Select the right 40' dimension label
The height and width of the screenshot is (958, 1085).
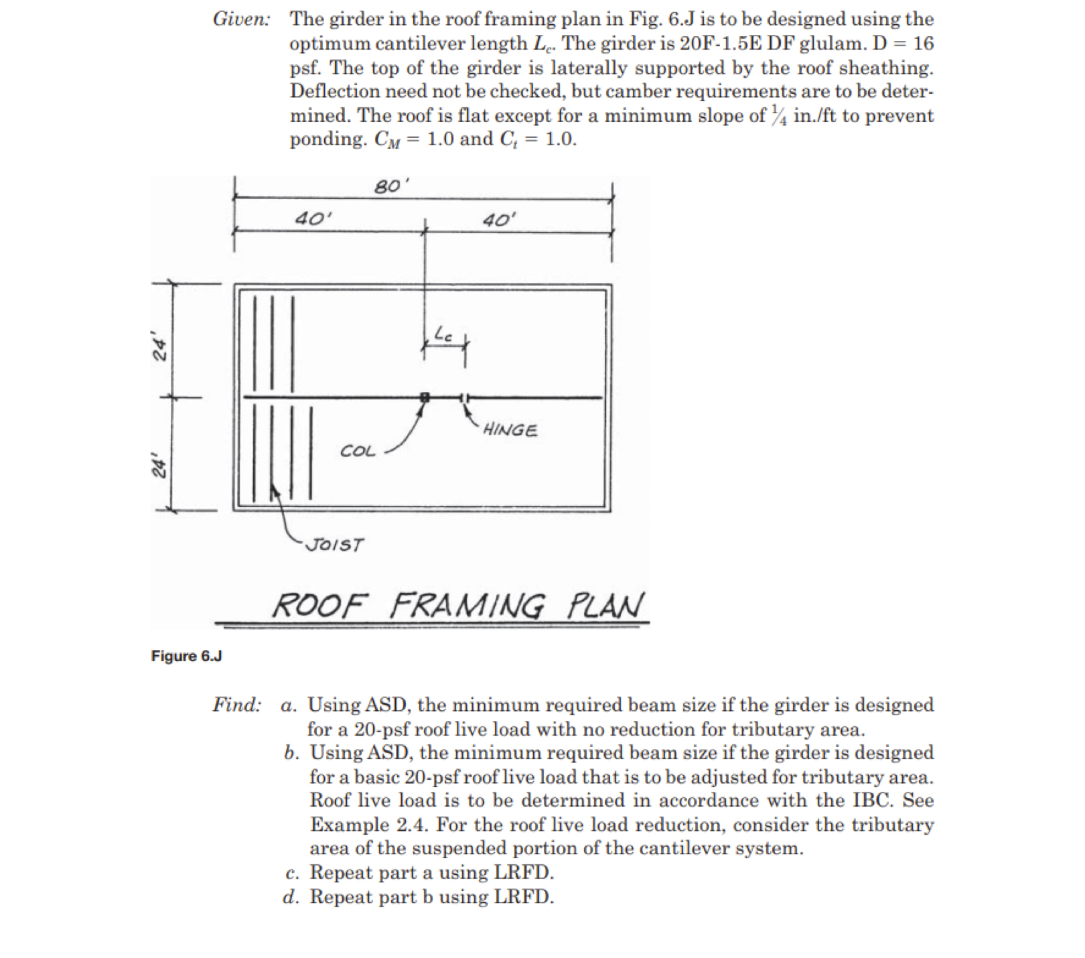pos(500,220)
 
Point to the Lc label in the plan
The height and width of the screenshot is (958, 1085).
pos(444,333)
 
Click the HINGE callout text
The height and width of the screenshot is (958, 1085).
pos(510,429)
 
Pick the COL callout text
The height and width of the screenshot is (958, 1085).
pos(358,451)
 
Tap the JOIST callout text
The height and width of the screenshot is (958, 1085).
pos(335,544)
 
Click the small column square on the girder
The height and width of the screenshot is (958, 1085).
pos(424,397)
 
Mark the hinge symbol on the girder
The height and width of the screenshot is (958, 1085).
pos(465,397)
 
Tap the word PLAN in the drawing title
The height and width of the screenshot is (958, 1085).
pos(605,606)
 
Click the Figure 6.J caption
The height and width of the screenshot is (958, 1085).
pos(186,656)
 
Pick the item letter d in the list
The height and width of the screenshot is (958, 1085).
pos(290,896)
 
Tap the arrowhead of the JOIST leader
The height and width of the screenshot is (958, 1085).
pos(273,492)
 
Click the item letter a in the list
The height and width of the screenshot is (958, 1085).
pos(289,705)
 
